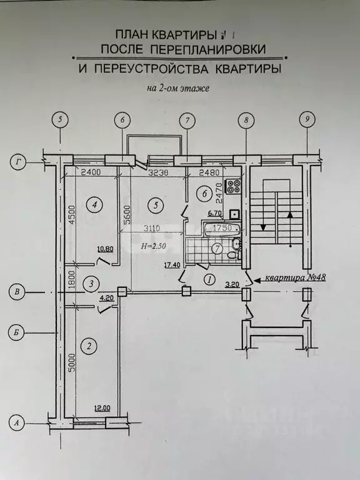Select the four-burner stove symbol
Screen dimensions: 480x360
pyautogui.click(x=234, y=186)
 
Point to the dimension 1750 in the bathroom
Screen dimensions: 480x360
pyautogui.click(x=221, y=228)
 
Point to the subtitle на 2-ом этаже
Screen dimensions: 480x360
pyautogui.click(x=178, y=88)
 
